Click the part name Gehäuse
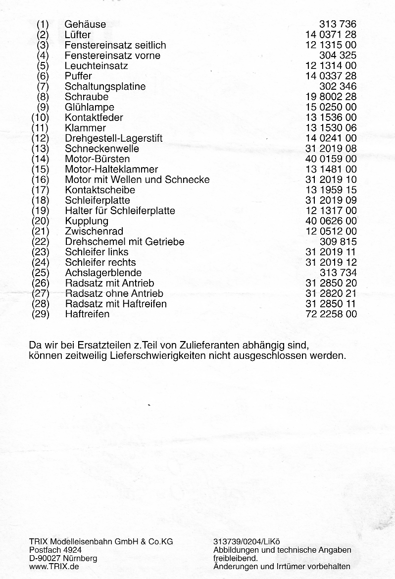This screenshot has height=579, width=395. click(x=85, y=24)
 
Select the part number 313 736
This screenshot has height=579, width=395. click(x=338, y=24)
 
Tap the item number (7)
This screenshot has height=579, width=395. click(x=43, y=87)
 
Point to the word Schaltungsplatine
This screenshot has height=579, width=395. click(x=105, y=87)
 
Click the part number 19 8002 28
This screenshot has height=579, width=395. click(x=331, y=97)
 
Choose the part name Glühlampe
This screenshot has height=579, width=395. click(x=89, y=108)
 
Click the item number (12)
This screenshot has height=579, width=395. click(x=40, y=138)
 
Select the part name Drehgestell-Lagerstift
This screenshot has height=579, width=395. click(x=113, y=138)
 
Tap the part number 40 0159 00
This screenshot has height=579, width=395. click(x=331, y=159)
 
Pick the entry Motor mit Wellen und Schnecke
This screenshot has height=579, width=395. click(x=137, y=180)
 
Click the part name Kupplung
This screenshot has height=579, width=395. click(x=86, y=221)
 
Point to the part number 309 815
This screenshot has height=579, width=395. click(x=338, y=242)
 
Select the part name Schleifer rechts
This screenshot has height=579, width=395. click(x=100, y=263)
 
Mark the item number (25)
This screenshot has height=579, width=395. click(x=40, y=273)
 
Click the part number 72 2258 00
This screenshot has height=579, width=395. click(x=331, y=314)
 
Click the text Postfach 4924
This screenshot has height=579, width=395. click(x=55, y=550)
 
